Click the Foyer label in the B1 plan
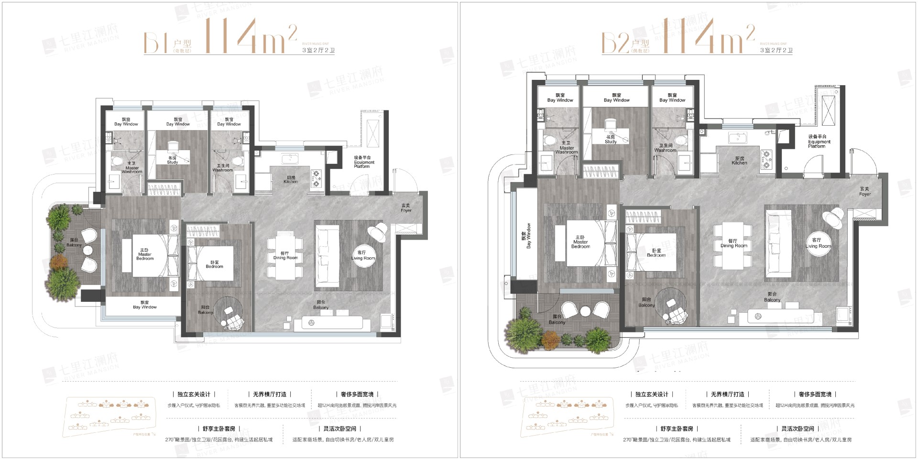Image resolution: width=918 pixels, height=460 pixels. [405, 208]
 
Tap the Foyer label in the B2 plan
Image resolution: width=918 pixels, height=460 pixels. [864, 192]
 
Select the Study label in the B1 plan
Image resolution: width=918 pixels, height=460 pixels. [172, 160]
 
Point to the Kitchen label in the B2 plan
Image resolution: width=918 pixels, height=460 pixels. [739, 161]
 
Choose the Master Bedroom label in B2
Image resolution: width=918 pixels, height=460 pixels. [580, 242]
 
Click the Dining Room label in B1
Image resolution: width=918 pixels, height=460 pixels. [285, 256]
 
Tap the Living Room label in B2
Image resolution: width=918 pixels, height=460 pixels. [818, 243]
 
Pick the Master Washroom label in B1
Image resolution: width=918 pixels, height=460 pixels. [131, 167]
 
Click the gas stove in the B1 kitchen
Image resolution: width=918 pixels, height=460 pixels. [316, 178]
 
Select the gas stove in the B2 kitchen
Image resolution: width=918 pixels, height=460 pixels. [766, 160]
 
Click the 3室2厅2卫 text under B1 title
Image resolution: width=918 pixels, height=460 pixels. [318, 50]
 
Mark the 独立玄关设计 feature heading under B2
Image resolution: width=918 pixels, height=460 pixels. [652, 394]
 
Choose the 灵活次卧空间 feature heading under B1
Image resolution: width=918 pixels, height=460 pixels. [340, 429]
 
